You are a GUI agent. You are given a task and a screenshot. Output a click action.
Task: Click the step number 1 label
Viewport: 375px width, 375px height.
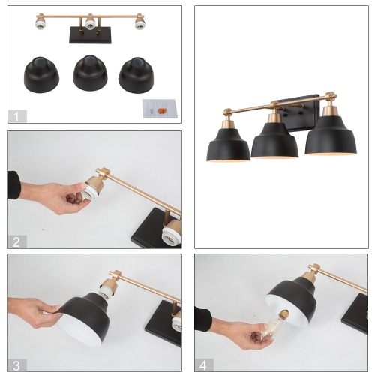[x=16, y=115]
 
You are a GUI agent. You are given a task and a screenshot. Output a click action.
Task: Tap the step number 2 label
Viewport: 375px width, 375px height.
[x=16, y=241]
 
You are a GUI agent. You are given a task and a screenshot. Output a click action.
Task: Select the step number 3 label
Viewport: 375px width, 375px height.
[x=16, y=365]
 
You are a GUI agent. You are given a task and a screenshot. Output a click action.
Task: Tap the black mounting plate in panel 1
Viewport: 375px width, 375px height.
[x=89, y=35]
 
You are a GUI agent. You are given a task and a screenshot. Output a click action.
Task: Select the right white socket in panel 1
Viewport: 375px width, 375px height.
[x=139, y=24]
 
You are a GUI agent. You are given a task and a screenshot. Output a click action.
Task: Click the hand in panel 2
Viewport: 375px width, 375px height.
[x=52, y=193]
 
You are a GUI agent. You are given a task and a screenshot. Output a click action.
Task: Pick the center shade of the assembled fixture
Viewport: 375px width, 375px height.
[x=274, y=142]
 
